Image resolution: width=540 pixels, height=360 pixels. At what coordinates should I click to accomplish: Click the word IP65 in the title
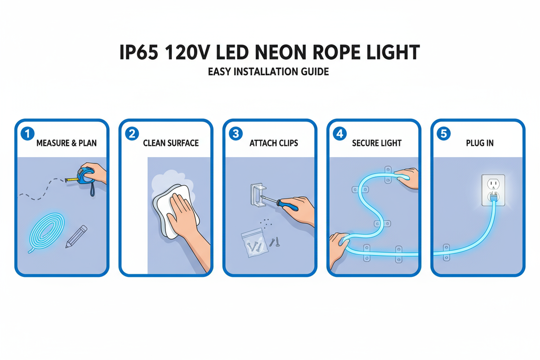(139, 53)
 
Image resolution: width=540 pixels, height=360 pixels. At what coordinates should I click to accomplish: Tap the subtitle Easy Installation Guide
(268, 72)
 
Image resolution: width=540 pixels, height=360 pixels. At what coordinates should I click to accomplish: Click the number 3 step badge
(236, 133)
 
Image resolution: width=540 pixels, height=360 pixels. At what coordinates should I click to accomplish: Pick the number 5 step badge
(444, 133)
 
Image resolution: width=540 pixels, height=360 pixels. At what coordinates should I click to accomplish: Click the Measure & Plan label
(66, 143)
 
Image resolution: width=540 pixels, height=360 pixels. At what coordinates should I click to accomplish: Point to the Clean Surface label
(170, 143)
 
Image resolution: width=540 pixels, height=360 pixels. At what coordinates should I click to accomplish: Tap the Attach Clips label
(273, 143)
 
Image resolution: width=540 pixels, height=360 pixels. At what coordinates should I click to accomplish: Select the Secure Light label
(377, 143)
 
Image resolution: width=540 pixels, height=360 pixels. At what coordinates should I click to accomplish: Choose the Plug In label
(480, 143)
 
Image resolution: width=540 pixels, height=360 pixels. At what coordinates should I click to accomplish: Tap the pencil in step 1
(76, 237)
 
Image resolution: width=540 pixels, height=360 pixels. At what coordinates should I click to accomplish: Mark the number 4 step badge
(340, 133)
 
